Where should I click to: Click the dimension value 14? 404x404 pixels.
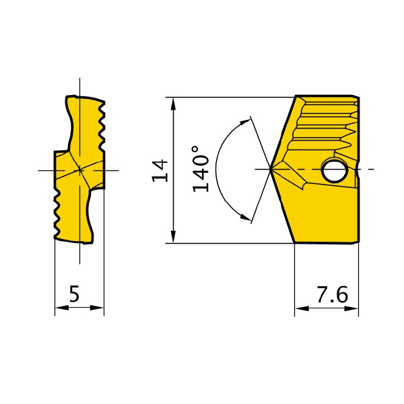point(160,171)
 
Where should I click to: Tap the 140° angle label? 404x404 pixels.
point(200,169)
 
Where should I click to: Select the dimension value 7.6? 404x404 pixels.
point(333,294)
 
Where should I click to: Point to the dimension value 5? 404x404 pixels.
point(74,294)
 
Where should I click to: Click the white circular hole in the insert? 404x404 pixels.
point(335,170)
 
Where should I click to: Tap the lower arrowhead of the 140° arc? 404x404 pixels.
point(245,217)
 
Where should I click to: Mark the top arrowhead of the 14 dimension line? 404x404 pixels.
point(174,104)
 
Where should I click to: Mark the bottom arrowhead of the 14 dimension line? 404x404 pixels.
point(174,236)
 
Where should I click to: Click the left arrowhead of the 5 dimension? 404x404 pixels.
point(61,308)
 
